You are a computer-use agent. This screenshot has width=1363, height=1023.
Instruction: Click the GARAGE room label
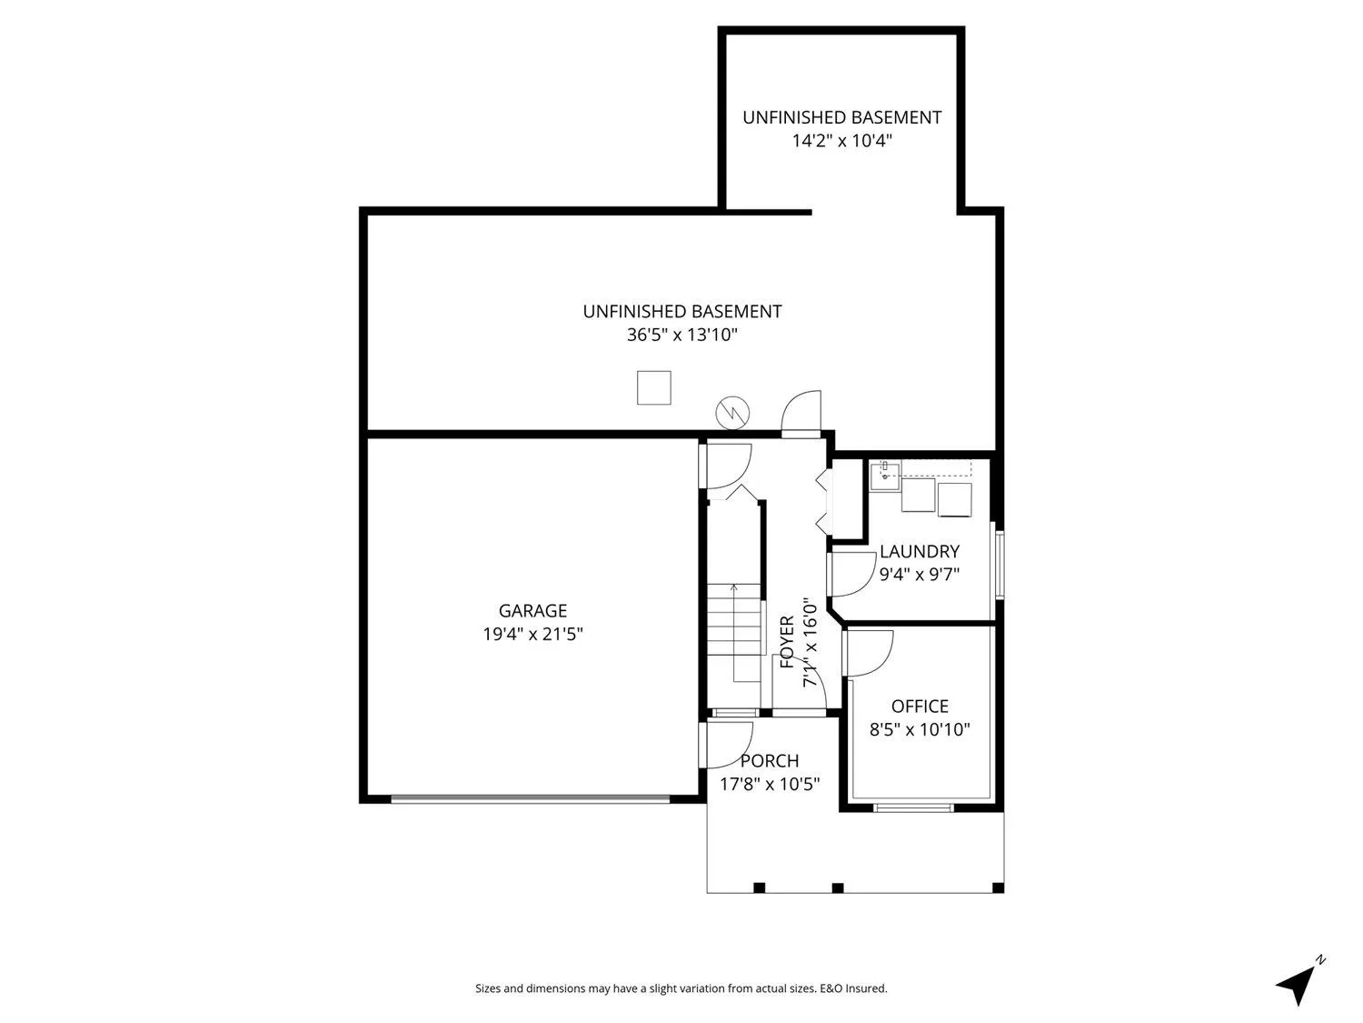532,610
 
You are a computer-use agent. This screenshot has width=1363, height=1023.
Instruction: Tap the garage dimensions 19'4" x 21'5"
532,634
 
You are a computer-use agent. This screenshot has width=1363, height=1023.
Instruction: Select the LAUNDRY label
919,551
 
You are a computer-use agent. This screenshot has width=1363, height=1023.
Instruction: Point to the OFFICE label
919,707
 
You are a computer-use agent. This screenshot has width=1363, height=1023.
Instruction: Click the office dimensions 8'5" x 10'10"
919,729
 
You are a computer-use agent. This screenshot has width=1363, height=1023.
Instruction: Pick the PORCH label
770,761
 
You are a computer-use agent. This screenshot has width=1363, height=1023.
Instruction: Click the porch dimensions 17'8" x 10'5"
770,784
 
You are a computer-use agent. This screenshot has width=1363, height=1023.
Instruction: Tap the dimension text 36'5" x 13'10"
681,335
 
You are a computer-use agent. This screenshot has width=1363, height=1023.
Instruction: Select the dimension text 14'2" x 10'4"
841,140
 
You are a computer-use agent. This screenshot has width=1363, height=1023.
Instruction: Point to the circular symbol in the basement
732,413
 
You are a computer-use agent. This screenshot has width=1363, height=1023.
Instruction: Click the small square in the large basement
653,387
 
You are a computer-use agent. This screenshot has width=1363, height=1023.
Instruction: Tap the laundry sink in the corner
884,476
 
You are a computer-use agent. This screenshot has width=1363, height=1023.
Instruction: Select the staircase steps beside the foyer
734,619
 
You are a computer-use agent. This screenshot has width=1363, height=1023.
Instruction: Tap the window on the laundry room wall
1000,565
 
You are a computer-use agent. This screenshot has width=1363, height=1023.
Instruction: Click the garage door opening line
531,798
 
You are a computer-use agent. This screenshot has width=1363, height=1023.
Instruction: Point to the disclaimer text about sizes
681,988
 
